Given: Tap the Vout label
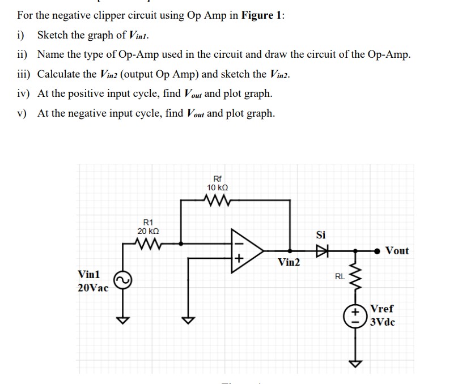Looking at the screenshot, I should tap(396, 250).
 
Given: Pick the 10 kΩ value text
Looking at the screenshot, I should tap(218, 187).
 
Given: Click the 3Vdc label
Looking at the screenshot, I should tap(383, 322).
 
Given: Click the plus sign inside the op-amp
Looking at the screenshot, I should tap(239, 259).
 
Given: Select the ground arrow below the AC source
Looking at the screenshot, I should tap(120, 320).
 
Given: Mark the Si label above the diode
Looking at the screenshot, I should tap(322, 234).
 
